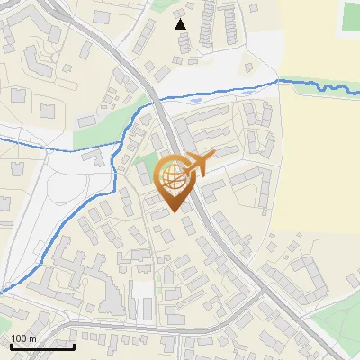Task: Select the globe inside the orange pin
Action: tap(171, 176)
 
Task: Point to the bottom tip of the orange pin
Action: tap(171, 213)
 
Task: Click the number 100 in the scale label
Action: tap(19, 339)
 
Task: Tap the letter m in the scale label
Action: tap(33, 339)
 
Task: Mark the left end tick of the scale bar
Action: tap(11, 345)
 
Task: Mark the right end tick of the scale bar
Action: tap(74, 345)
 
